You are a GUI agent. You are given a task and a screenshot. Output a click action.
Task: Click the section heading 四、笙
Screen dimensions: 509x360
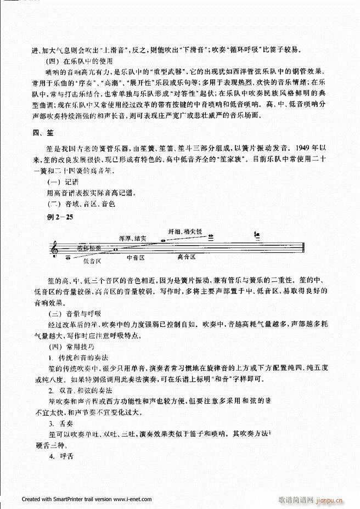[x=42, y=134]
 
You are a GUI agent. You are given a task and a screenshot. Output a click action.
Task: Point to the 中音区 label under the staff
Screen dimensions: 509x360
[x=135, y=257]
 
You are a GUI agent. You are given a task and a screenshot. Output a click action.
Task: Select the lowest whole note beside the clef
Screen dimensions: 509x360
[x=68, y=257]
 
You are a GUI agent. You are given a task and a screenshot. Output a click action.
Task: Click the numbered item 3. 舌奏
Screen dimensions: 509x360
[x=60, y=425]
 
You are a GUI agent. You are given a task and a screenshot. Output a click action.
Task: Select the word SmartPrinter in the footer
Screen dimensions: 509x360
[x=54, y=500]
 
